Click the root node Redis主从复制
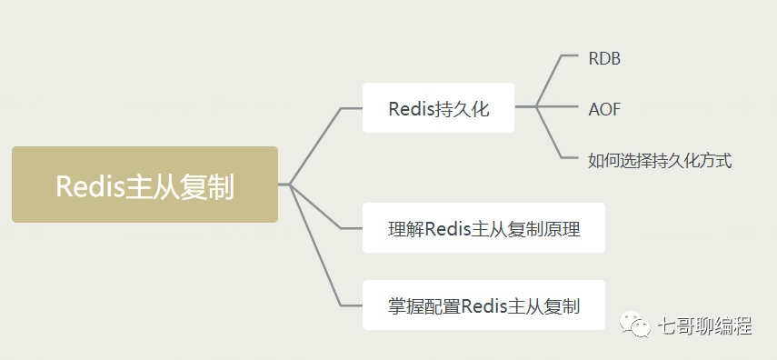tap(144, 185)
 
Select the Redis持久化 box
tap(438, 108)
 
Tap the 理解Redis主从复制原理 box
tap(483, 228)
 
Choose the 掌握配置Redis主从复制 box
tap(483, 305)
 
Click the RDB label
tap(604, 58)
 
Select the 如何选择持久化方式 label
tap(660, 161)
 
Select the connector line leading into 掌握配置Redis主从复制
tap(314, 245)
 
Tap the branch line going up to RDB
tap(550, 80)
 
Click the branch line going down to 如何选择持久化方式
tap(550, 135)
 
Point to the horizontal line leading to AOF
tap(559, 107)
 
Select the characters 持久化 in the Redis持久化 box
tap(463, 109)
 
